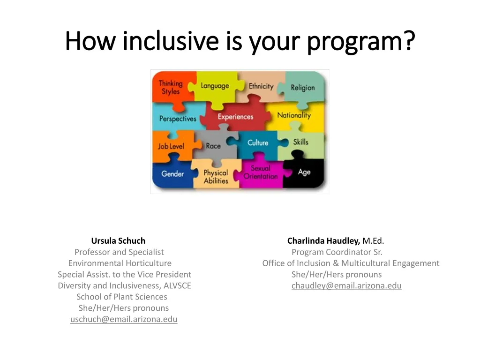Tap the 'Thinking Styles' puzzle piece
tap(170, 88)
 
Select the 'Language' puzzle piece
tap(215, 86)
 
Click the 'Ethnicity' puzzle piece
tap(261, 87)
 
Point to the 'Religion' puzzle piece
tap(303, 88)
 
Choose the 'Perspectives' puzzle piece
tap(177, 119)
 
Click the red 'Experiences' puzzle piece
tap(235, 117)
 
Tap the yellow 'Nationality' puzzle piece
tap(294, 115)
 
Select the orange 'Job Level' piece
tap(171, 146)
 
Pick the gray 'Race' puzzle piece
tap(213, 146)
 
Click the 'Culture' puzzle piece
tap(258, 143)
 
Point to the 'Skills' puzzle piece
tap(301, 142)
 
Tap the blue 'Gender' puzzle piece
tap(172, 174)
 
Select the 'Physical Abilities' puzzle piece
tap(216, 177)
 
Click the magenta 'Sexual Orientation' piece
tap(261, 172)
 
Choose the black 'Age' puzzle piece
tap(304, 172)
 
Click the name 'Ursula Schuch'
tap(118, 241)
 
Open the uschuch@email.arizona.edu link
tap(124, 320)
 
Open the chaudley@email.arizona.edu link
tap(346, 286)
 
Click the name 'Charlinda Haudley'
tap(323, 241)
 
